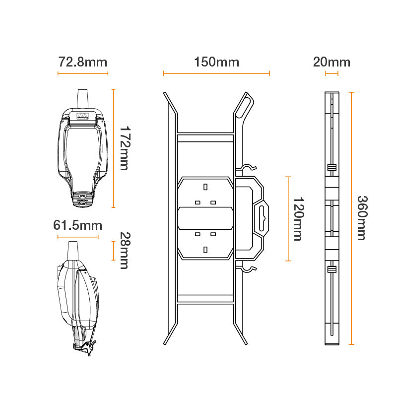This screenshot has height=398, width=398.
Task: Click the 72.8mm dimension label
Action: (82, 62)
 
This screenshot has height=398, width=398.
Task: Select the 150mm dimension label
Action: (216, 62)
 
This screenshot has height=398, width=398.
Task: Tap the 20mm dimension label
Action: (332, 62)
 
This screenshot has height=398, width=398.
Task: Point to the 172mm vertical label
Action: (124, 148)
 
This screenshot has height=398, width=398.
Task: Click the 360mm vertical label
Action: (362, 218)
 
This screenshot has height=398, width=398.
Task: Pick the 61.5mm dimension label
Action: (77, 226)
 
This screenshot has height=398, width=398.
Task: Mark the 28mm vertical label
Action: (124, 251)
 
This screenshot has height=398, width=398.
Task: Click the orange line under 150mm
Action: (216, 73)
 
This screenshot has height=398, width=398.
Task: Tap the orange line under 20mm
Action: (332, 73)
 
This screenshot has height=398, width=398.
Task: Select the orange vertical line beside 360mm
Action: (351, 218)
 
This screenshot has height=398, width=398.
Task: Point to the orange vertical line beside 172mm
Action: (114, 148)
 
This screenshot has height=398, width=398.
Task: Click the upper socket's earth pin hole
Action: (205, 187)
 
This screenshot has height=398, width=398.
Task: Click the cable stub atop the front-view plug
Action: (82, 98)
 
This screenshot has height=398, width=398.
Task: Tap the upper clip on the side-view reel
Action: (332, 167)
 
